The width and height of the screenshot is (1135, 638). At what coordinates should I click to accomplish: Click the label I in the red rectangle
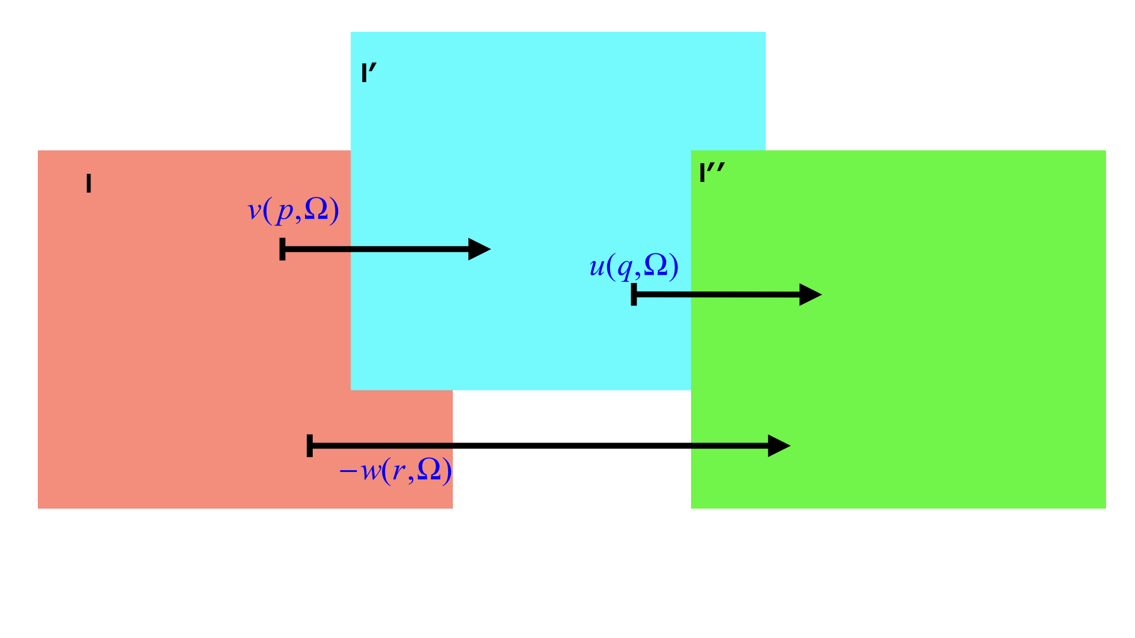[x=89, y=184]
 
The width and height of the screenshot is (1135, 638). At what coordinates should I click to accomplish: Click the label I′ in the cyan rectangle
[x=368, y=73]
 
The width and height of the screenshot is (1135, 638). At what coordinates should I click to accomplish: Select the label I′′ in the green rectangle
[x=711, y=173]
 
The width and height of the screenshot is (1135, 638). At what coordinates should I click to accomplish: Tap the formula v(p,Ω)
[x=293, y=210]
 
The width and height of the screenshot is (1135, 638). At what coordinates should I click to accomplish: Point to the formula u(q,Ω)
[x=634, y=266]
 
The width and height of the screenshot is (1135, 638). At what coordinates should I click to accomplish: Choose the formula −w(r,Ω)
[x=395, y=471]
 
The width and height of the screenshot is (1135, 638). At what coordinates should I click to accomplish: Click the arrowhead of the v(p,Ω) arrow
[x=479, y=249]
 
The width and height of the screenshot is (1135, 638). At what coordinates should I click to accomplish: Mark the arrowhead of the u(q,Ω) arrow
[x=810, y=294]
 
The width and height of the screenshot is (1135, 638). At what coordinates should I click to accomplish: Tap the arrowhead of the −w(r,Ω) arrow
[x=779, y=445]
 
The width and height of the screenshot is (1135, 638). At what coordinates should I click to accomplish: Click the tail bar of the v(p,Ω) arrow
[x=283, y=249]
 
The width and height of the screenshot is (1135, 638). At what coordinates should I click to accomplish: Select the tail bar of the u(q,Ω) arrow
[x=634, y=294]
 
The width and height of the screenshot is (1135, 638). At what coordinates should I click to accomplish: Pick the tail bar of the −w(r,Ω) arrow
[x=310, y=445]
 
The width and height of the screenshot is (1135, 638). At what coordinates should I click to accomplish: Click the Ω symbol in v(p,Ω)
[x=316, y=209]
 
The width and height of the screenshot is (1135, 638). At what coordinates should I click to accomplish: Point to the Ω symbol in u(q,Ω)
[x=656, y=265]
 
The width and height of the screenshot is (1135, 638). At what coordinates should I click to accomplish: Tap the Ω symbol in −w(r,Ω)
[x=429, y=470]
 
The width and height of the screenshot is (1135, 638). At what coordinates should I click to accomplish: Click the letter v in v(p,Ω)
[x=254, y=211]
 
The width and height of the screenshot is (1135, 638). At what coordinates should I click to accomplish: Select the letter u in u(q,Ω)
[x=597, y=267]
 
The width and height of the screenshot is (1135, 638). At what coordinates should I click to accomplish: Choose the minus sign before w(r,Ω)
[x=348, y=471]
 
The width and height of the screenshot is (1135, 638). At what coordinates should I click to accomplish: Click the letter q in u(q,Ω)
[x=625, y=269]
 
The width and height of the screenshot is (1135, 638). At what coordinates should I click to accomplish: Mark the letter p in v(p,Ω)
[x=285, y=213]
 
